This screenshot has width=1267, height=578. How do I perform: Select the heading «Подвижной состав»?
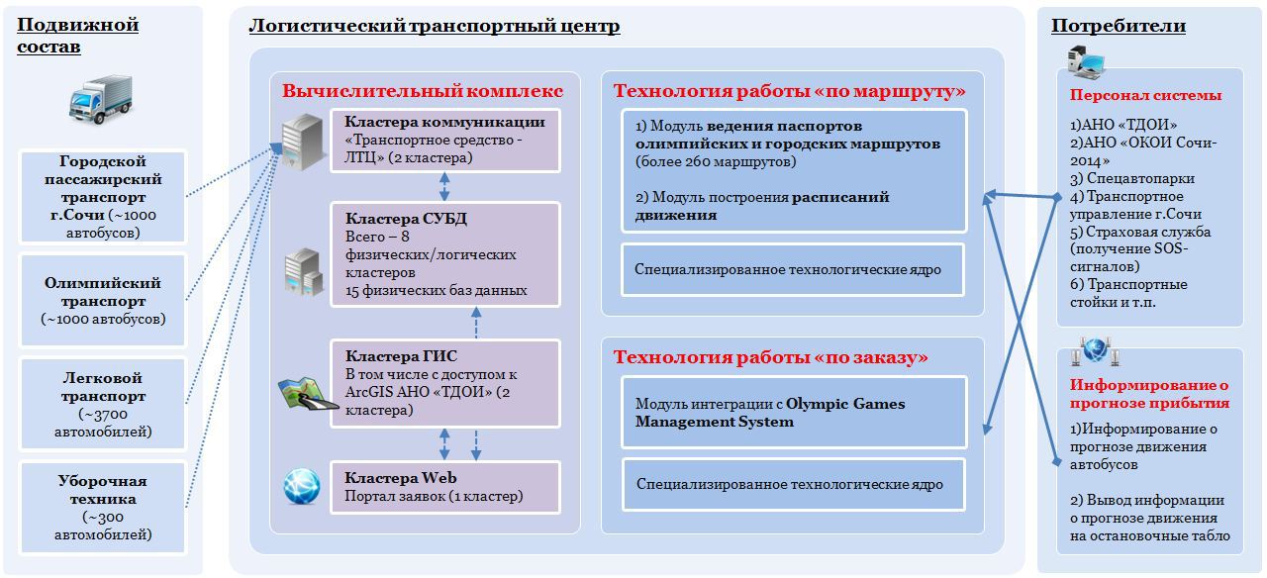click(77, 35)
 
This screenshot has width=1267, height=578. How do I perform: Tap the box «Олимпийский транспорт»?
click(103, 301)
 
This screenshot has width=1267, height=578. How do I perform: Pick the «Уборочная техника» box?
click(103, 507)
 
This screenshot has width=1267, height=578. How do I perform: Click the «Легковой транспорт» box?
click(103, 404)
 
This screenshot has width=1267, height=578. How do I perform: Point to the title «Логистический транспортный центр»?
click(434, 26)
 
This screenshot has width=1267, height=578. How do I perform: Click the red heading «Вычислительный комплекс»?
click(423, 91)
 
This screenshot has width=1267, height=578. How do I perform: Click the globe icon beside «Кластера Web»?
click(302, 486)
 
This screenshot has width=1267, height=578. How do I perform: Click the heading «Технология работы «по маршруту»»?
click(789, 91)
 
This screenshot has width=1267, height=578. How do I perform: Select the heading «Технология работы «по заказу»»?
click(770, 356)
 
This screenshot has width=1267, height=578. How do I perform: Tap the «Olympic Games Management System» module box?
click(792, 412)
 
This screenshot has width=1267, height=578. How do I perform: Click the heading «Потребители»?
click(1118, 26)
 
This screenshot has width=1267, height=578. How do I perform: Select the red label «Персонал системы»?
click(1145, 96)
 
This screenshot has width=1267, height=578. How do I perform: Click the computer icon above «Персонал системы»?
click(1085, 63)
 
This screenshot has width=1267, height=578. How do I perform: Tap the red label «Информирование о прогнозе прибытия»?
click(1148, 394)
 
